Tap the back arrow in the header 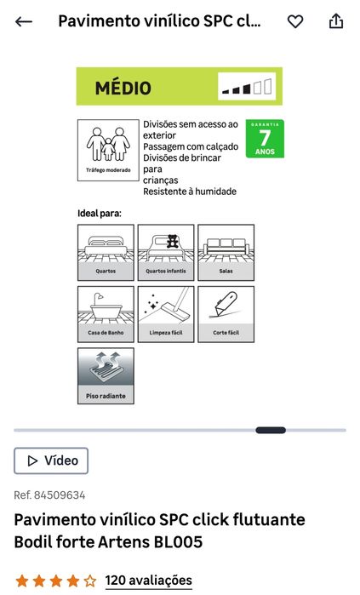(24, 21)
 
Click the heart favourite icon (295, 21)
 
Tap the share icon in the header (335, 21)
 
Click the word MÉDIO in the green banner (123, 87)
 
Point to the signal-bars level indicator (247, 87)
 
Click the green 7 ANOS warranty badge (265, 139)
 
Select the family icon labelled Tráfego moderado (108, 151)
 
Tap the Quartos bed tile (106, 252)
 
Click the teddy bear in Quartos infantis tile (173, 242)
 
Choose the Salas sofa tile (226, 252)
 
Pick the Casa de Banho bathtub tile (106, 314)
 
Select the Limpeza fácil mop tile (166, 314)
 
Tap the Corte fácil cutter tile (226, 314)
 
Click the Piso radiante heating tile (106, 376)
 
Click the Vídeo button (51, 461)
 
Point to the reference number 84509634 (60, 495)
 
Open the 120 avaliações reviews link (149, 581)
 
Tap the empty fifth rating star (90, 581)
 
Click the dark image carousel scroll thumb (271, 431)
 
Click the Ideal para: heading (100, 214)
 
